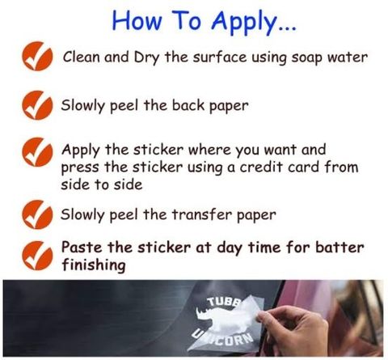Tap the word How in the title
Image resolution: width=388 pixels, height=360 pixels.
pos(137,21)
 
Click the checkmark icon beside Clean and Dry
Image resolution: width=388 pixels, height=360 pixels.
pos(37,56)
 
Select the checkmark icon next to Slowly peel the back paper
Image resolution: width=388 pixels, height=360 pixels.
pos(37,105)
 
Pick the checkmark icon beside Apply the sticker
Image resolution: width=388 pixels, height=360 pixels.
pos(37,152)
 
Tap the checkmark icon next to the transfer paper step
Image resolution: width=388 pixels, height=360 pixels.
pos(37,214)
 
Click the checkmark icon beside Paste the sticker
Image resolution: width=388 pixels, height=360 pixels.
pos(37,256)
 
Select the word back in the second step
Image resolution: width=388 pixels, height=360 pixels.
pos(188,105)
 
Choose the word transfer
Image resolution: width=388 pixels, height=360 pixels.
pos(202,214)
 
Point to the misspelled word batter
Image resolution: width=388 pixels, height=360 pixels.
pos(339,248)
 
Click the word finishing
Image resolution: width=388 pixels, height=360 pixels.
pos(94,265)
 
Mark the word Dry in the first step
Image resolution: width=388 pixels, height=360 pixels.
pos(146,58)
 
